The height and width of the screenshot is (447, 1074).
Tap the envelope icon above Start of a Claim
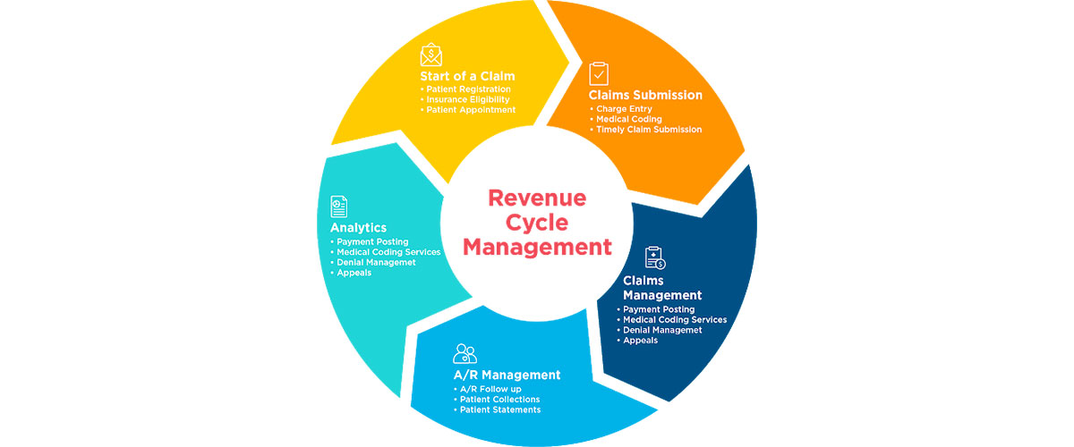pyautogui.click(x=431, y=55)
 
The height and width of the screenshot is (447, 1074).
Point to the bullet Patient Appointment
pyautogui.click(x=469, y=110)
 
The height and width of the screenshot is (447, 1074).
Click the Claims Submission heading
pyautogui.click(x=644, y=95)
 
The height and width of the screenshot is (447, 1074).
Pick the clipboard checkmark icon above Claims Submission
pyautogui.click(x=598, y=73)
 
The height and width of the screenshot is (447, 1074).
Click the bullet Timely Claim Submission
pyautogui.click(x=649, y=130)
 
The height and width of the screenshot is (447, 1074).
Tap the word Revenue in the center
pyautogui.click(x=537, y=198)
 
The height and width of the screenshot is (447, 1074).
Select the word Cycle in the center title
pyautogui.click(x=537, y=222)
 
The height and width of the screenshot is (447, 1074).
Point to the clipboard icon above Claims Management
pyautogui.click(x=655, y=258)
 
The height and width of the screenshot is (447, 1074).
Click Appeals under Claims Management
pyautogui.click(x=641, y=341)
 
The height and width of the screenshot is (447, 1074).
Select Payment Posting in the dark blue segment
pyautogui.click(x=659, y=309)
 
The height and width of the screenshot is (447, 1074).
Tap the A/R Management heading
pyautogui.click(x=507, y=375)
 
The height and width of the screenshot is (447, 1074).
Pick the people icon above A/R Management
pyautogui.click(x=465, y=352)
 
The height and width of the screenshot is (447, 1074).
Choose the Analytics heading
pyautogui.click(x=358, y=228)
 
